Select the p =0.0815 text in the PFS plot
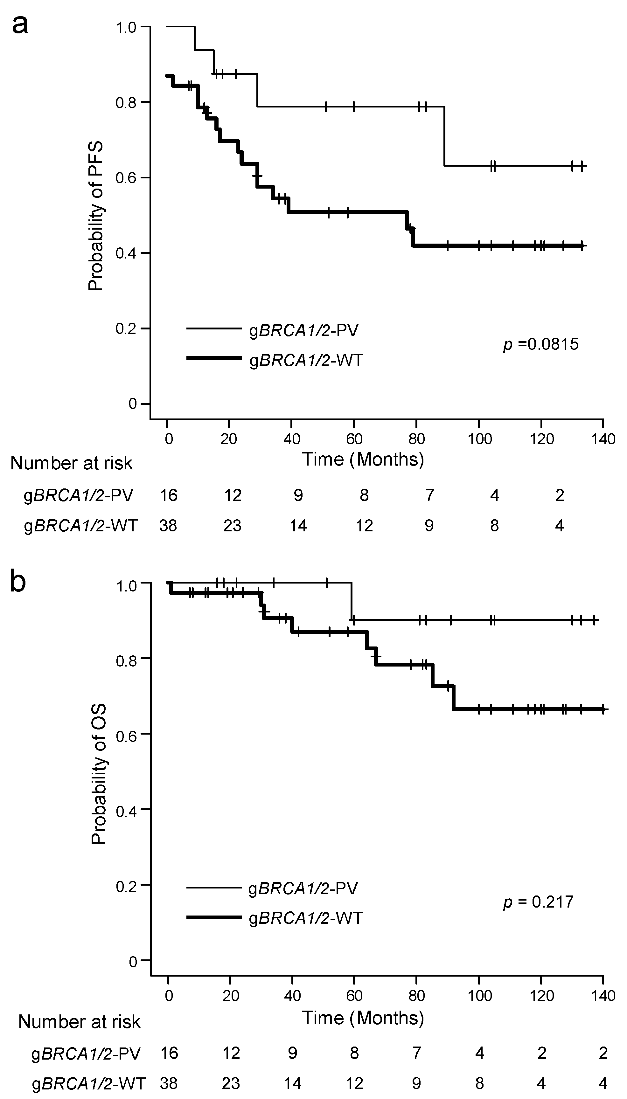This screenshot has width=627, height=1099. point(541,344)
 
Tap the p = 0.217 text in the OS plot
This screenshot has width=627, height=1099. point(538,902)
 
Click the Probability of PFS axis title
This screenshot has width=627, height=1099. point(96,216)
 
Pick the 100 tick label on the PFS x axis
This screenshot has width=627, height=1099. point(479,439)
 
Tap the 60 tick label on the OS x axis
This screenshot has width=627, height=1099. point(354,996)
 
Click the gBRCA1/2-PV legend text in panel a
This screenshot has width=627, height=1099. point(303,331)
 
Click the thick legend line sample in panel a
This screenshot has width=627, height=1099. point(214,358)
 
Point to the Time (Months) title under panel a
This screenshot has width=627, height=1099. point(363,459)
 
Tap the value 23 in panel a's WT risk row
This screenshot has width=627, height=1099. point(232,526)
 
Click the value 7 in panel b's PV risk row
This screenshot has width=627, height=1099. point(416,1053)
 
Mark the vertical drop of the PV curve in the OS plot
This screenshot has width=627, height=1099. point(352,601)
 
